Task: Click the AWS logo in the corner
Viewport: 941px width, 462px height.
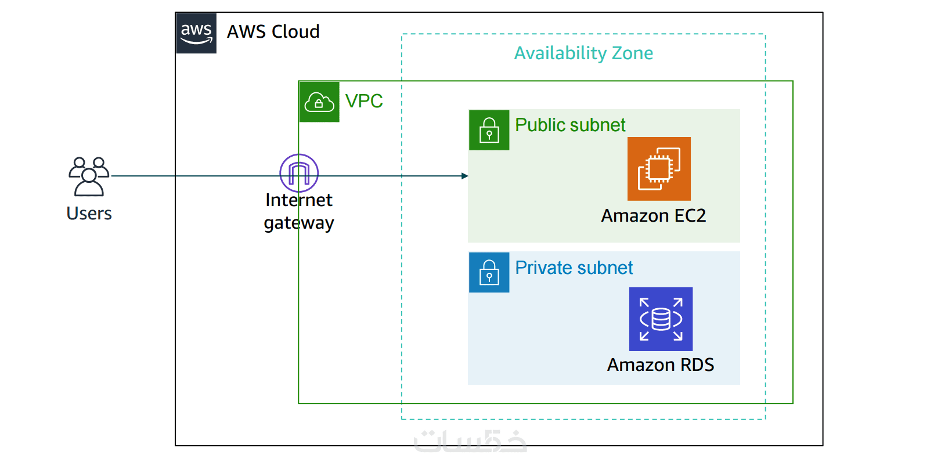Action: coord(196,33)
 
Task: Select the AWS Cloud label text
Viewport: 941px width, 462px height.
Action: coord(273,31)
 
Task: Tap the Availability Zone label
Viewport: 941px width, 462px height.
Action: coord(583,53)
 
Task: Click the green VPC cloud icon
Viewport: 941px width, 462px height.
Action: coord(319,102)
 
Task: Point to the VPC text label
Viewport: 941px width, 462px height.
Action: coord(364,101)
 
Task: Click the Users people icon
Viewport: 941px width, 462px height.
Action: coord(89,176)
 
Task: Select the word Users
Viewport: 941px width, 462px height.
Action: coord(89,213)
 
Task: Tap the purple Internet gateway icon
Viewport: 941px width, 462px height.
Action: coord(299,173)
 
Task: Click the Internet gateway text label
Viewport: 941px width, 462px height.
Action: coord(299,211)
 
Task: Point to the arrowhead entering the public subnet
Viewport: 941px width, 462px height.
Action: coord(464,176)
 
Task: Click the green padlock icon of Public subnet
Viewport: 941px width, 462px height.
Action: coord(489,130)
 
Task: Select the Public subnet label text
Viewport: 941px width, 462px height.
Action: coord(570,125)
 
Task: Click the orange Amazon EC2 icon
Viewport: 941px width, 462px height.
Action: coord(659,169)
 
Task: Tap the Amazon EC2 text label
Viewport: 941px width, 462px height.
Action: coord(653,215)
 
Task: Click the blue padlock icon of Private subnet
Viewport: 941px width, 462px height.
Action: coord(489,272)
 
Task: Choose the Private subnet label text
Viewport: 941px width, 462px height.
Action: coord(574,268)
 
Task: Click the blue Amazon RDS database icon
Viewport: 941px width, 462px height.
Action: coord(661,319)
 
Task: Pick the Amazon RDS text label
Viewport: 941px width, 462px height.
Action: coord(660,364)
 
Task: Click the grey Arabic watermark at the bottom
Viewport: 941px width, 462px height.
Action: coord(470,441)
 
